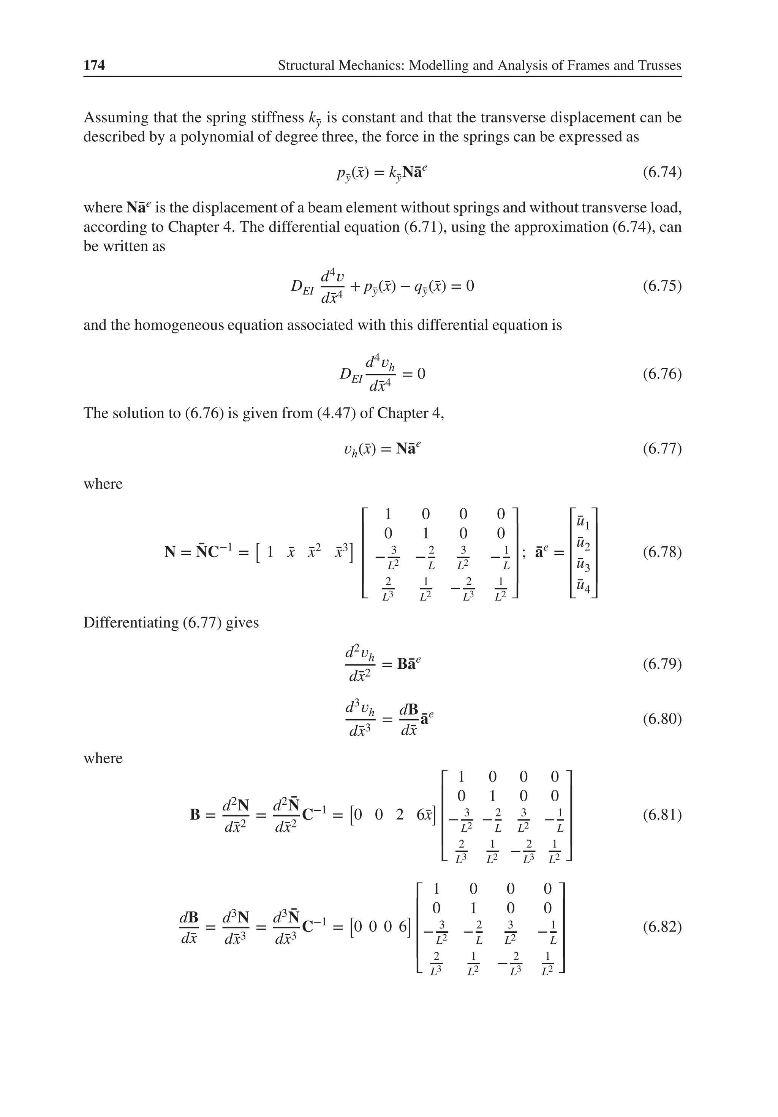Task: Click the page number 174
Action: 94,65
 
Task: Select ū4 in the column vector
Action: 582,586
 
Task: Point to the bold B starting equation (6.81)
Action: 195,815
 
